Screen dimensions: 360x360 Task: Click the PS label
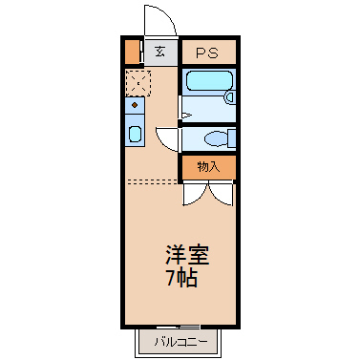[x=207, y=53]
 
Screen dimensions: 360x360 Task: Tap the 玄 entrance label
[x=159, y=52]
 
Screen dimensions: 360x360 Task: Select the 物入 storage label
[x=208, y=166]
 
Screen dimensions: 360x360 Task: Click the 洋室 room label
[x=187, y=255]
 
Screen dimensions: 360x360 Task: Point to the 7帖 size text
[x=182, y=278]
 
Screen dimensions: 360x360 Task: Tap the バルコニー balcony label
[x=181, y=342]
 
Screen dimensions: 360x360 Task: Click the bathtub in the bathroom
[x=209, y=80]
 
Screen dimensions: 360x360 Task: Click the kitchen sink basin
[x=135, y=134]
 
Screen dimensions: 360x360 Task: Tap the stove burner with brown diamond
[x=135, y=105]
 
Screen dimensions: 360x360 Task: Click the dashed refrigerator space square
[x=138, y=83]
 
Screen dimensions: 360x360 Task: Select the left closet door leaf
[x=195, y=195]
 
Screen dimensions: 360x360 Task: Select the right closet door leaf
[x=221, y=195]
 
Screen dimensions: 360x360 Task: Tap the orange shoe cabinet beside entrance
[x=132, y=52]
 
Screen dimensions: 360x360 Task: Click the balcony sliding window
[x=179, y=327]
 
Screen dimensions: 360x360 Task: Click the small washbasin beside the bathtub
[x=230, y=96]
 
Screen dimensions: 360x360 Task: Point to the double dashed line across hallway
[x=152, y=181]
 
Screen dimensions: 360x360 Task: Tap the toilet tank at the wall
[x=232, y=138]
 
